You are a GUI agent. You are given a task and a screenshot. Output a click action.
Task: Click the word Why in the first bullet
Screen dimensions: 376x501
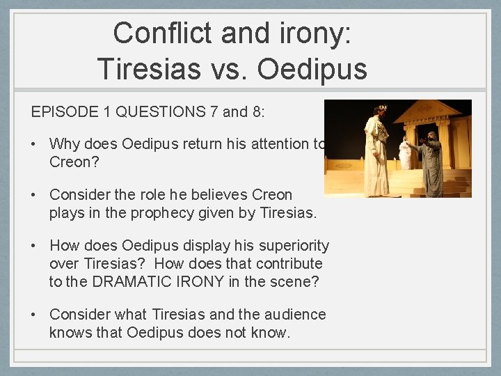pyautogui.click(x=65, y=144)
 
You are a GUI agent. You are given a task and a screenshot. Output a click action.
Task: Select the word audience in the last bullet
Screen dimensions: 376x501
pyautogui.click(x=292, y=315)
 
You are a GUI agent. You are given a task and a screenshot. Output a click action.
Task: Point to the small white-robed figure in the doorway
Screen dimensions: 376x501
pyautogui.click(x=405, y=152)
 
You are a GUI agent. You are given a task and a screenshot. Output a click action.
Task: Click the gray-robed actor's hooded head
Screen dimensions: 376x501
pyautogui.click(x=432, y=136)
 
